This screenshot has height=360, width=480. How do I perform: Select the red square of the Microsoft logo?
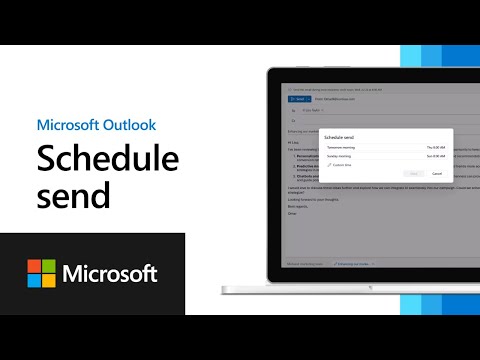pyautogui.click(x=34, y=266)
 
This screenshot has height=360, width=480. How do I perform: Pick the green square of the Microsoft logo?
pyautogui.click(x=48, y=266)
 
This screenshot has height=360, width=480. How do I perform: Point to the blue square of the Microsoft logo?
pyautogui.click(x=34, y=280)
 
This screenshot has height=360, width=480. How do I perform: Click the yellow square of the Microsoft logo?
pyautogui.click(x=48, y=280)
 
